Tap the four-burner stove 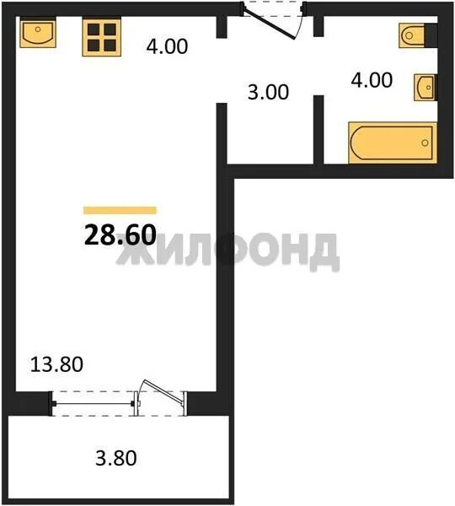click(x=101, y=36)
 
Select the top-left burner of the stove click(x=93, y=28)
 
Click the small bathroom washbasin click(x=424, y=87)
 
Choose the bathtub click(x=392, y=143)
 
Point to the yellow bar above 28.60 click(x=120, y=210)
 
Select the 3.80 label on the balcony click(x=114, y=459)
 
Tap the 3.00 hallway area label click(x=268, y=92)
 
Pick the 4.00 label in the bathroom click(x=372, y=82)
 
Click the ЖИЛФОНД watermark click(x=228, y=250)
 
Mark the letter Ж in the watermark click(x=135, y=250)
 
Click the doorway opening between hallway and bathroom click(x=319, y=67)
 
